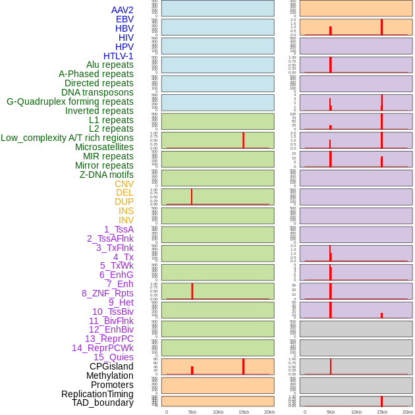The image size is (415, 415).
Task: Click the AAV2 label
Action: pos(122,10)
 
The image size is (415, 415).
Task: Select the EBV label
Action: pos(124,19)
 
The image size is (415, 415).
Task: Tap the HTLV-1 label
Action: pos(118,56)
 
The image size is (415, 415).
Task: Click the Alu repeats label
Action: pos(110,65)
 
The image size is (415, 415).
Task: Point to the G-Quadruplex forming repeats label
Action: pos(70,101)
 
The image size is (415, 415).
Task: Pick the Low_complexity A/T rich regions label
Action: pos(67,138)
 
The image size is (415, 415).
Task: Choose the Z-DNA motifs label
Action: pos(107,175)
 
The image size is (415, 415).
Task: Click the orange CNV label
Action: pos(124,184)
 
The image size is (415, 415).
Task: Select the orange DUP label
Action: pos(124,202)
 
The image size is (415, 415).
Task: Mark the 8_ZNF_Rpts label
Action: pos(107,293)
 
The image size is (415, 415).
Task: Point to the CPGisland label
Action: pos(111,366)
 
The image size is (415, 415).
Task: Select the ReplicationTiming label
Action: pos(97,394)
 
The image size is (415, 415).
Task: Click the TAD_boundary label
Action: pos(103,402)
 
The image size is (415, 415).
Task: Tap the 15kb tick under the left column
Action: pos(243,412)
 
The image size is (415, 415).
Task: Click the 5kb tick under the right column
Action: pos(330,412)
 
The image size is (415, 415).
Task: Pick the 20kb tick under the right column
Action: pos(407,412)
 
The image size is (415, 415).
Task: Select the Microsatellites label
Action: pos(104,147)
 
